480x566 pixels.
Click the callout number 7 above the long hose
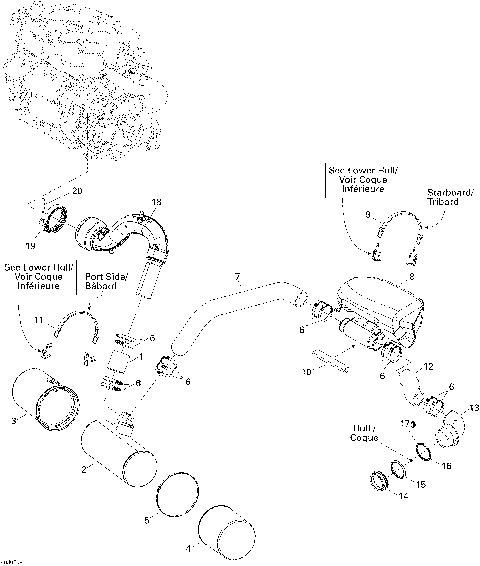click(237, 275)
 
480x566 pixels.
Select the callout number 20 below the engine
click(78, 190)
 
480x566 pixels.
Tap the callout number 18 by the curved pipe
click(155, 203)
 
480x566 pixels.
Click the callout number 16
click(446, 466)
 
